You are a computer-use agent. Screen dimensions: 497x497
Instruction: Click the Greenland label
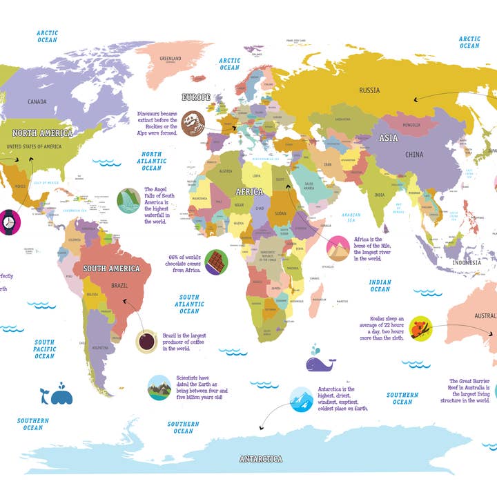[170, 59]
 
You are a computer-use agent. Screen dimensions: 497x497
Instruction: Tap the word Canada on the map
[37, 102]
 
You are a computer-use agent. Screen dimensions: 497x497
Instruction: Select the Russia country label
[369, 90]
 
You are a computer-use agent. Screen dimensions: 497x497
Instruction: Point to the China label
[414, 154]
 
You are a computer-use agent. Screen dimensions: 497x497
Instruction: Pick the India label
[379, 195]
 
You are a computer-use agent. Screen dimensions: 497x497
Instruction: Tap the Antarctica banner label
[260, 458]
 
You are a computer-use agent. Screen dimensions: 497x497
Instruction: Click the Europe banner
[195, 97]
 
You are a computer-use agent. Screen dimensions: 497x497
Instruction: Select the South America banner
[111, 269]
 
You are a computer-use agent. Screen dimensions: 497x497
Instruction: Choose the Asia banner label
[388, 138]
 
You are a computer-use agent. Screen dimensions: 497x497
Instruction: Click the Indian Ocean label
[380, 285]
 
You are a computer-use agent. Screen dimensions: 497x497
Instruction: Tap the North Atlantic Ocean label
[151, 161]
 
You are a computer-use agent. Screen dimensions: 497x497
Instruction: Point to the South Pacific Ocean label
[45, 349]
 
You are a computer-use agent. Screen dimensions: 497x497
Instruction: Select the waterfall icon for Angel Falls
[128, 201]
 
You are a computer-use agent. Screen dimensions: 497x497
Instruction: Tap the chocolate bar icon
[216, 262]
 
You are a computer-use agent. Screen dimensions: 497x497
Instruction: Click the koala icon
[420, 329]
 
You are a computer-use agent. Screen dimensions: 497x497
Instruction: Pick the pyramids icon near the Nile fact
[338, 248]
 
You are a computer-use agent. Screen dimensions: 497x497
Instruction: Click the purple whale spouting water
[318, 360]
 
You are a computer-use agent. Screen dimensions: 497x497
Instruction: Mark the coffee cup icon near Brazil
[146, 341]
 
